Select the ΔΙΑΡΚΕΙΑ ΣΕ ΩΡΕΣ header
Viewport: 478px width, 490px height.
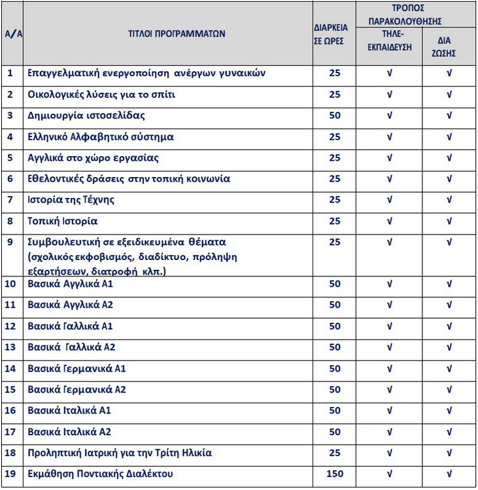click(334, 34)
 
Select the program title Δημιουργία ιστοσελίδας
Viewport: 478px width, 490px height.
click(86, 116)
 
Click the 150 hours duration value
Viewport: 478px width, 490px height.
click(335, 474)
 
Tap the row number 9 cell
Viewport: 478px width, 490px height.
click(10, 242)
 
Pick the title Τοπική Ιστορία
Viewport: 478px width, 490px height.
click(63, 221)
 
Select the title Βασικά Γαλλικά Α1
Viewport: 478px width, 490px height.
click(71, 326)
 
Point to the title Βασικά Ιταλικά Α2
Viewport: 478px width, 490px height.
click(69, 432)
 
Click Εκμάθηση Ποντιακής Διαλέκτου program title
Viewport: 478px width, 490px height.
click(109, 474)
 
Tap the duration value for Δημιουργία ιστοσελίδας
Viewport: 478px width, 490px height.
click(335, 116)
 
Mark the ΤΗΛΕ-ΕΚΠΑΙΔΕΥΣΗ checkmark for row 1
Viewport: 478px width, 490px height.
click(390, 73)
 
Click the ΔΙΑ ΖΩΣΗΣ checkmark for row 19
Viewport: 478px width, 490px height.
click(449, 474)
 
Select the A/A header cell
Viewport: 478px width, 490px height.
click(12, 34)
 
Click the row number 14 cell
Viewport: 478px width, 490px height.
click(10, 368)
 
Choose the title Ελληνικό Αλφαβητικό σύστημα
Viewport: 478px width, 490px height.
click(101, 137)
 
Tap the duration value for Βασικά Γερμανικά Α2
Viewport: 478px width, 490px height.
click(335, 389)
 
